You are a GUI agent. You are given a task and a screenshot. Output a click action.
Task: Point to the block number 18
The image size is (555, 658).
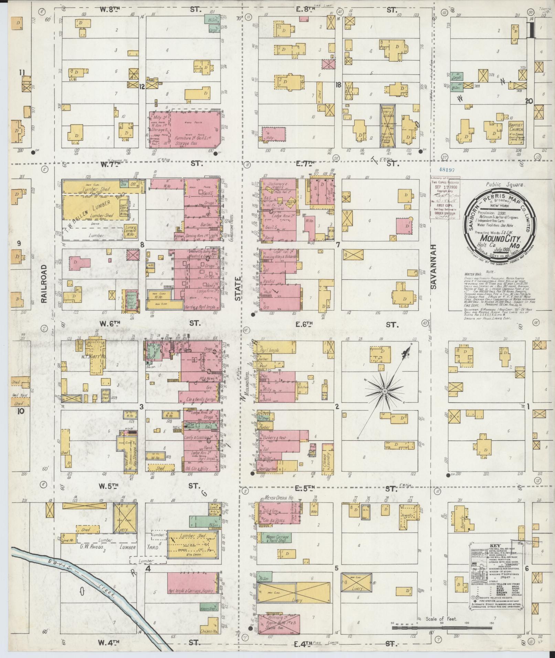tap(338, 84)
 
